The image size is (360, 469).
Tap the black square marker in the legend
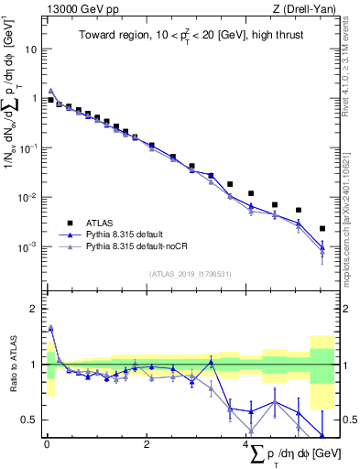coord(67,222)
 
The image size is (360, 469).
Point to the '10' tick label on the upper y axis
coord(31,49)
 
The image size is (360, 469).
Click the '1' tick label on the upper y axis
coord(35,98)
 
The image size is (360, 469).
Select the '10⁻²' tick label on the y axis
coord(28,198)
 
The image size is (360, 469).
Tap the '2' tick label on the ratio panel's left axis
coord(35,309)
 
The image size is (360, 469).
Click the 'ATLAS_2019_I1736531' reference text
coord(189,274)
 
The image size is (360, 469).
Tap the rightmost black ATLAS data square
coord(322,228)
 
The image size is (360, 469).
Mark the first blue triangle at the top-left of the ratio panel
coord(50,327)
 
